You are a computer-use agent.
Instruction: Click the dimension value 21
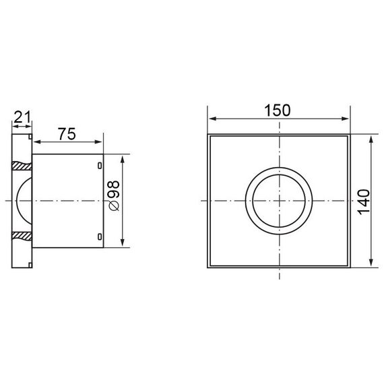tap(22, 117)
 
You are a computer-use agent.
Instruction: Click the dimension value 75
tap(67, 134)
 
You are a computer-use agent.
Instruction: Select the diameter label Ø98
tap(114, 195)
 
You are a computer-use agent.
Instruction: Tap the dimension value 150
tap(278, 110)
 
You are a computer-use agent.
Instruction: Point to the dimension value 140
tap(364, 202)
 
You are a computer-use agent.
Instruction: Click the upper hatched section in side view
tap(22, 166)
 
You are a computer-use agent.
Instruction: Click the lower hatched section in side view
tap(22, 236)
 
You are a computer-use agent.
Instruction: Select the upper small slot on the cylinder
tap(100, 166)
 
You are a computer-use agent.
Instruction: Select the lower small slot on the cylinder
tap(100, 236)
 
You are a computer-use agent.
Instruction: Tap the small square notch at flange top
tap(30, 136)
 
